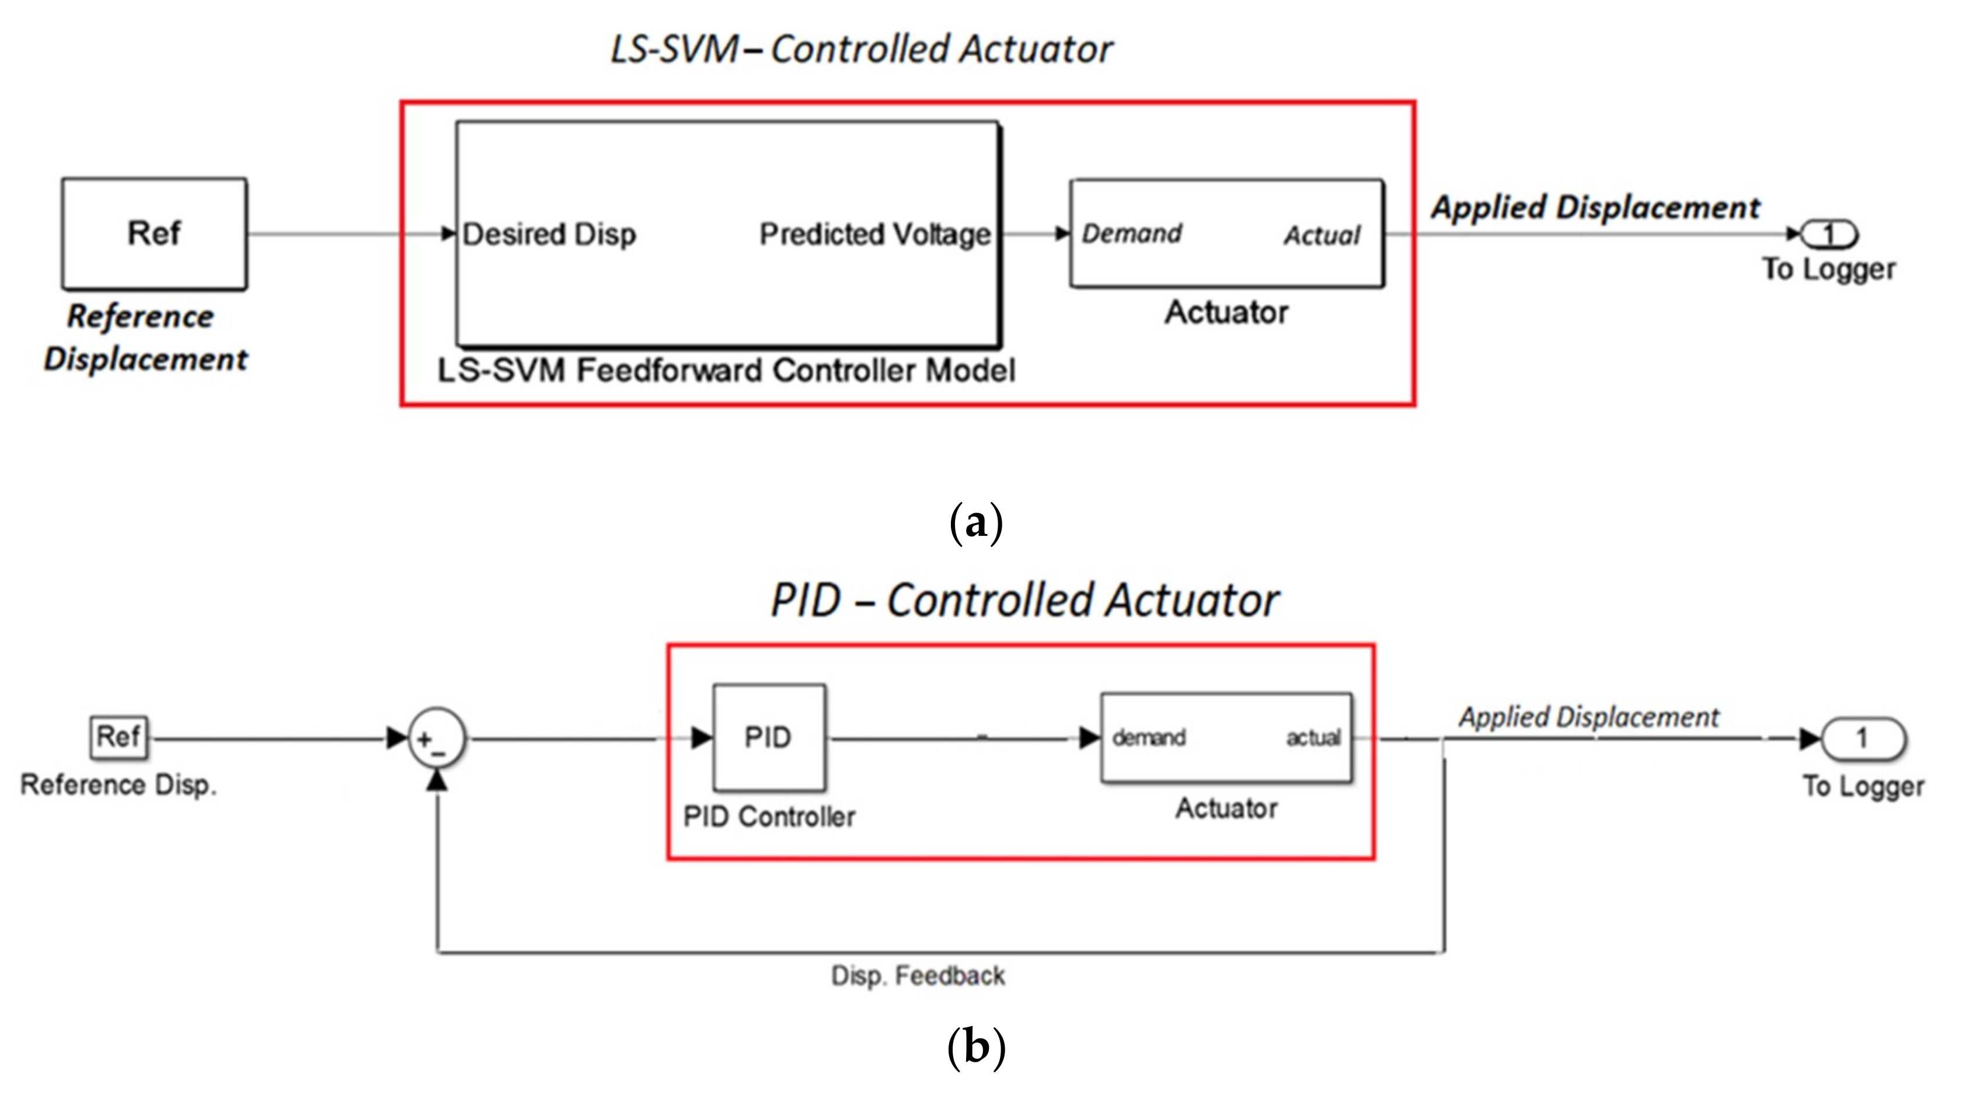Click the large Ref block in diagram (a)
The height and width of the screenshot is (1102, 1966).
point(154,233)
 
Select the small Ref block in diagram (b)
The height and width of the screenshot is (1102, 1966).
point(118,737)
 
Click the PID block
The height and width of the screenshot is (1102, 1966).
point(769,737)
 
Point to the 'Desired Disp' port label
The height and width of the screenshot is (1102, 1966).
point(549,234)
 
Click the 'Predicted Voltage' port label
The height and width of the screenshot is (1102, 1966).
point(874,234)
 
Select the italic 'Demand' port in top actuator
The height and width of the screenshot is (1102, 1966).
point(1132,233)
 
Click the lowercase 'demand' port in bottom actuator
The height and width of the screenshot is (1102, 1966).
point(1149,737)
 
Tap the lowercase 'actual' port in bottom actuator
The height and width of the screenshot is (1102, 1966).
point(1313,737)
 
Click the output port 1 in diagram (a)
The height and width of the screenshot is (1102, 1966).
point(1829,233)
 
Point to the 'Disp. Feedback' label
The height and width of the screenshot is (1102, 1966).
point(918,975)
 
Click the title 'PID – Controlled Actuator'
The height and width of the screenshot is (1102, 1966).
point(1024,600)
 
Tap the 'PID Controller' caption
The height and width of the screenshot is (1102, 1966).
point(769,817)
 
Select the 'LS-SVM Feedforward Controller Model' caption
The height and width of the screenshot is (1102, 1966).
point(726,371)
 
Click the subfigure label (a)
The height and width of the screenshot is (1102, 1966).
point(975,524)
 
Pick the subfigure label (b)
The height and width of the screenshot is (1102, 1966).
point(975,1047)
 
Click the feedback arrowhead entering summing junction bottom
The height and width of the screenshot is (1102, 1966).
point(437,780)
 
